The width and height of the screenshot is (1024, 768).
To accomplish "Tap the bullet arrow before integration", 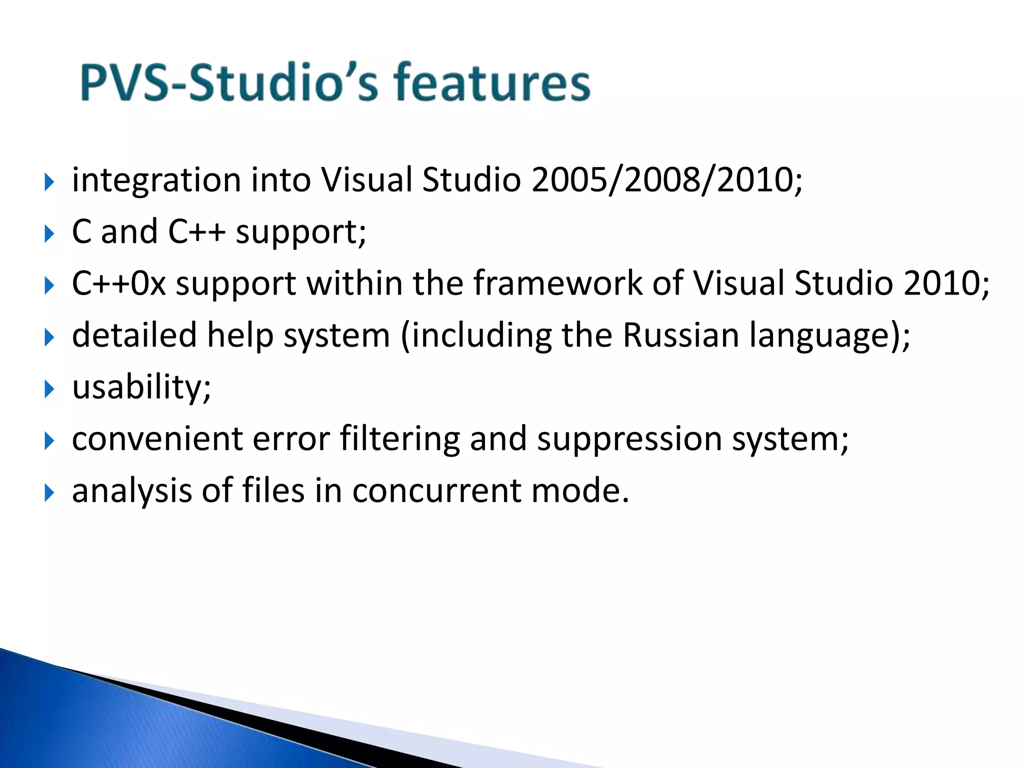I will [x=48, y=181].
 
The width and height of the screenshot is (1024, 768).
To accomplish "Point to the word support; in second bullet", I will [x=300, y=232].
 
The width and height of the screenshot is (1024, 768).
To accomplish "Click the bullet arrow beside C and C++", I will [x=48, y=233].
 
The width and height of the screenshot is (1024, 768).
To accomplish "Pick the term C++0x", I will [x=118, y=283].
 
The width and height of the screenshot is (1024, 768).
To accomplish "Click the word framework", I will [x=557, y=283].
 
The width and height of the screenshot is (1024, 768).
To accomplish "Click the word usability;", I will [x=141, y=388].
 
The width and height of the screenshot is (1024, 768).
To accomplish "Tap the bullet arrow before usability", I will [x=48, y=388].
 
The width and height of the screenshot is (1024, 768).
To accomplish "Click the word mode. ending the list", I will [x=579, y=491].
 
